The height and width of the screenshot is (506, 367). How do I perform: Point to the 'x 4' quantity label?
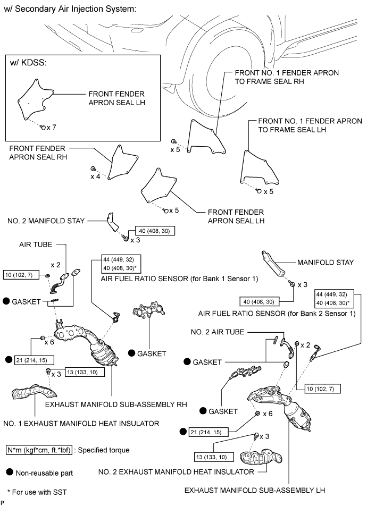pos(95,176)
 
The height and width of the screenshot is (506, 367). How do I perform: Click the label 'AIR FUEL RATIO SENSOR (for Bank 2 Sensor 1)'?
pos(276,313)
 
